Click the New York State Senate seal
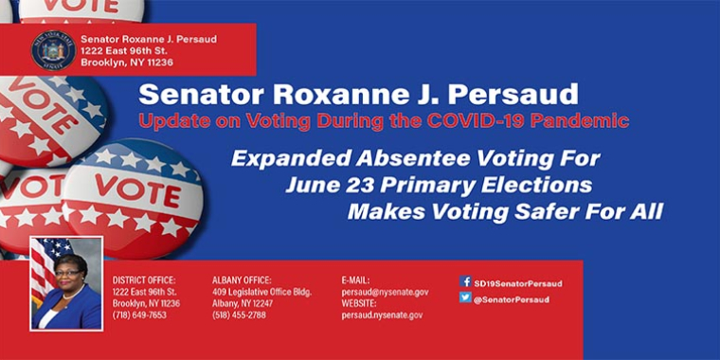click(x=53, y=49)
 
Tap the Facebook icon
click(x=465, y=281)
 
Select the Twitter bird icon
click(x=465, y=297)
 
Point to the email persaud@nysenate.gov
click(x=385, y=292)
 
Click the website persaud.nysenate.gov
click(x=382, y=315)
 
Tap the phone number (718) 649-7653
click(x=139, y=315)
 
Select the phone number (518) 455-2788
click(x=240, y=315)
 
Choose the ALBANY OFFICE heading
click(x=242, y=280)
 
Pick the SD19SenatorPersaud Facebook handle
click(x=518, y=282)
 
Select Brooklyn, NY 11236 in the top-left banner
click(x=127, y=63)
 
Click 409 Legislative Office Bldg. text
click(x=261, y=292)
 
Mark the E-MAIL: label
click(x=355, y=280)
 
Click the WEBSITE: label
click(x=359, y=303)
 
